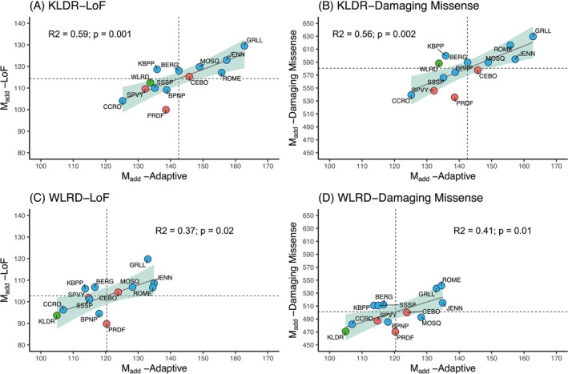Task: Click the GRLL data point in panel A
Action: [244, 46]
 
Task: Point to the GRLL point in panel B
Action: [533, 36]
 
